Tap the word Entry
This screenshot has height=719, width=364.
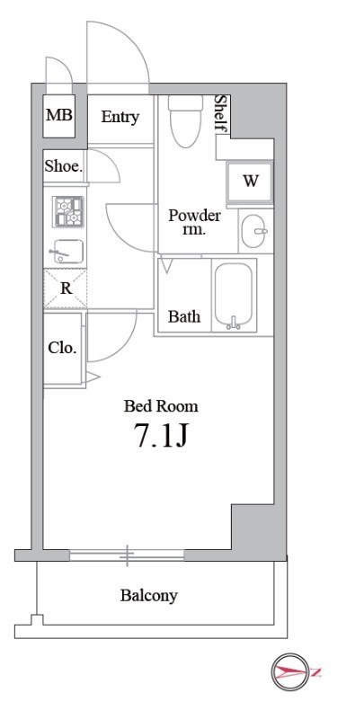pos(120,117)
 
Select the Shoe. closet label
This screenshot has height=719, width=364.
pos(64,165)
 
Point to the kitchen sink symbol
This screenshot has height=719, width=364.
pos(66,252)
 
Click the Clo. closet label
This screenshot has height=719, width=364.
pos(62,348)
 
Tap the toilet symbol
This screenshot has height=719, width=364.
pos(186,120)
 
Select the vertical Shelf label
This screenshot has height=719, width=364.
pos(219,115)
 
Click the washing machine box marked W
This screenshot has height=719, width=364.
pos(250,180)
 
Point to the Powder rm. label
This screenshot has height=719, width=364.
pos(195,221)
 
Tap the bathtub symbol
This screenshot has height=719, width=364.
pos(234,297)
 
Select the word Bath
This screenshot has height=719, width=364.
pos(184,316)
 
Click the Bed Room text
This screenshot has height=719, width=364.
pos(161,406)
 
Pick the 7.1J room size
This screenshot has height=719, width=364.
pos(160,438)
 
